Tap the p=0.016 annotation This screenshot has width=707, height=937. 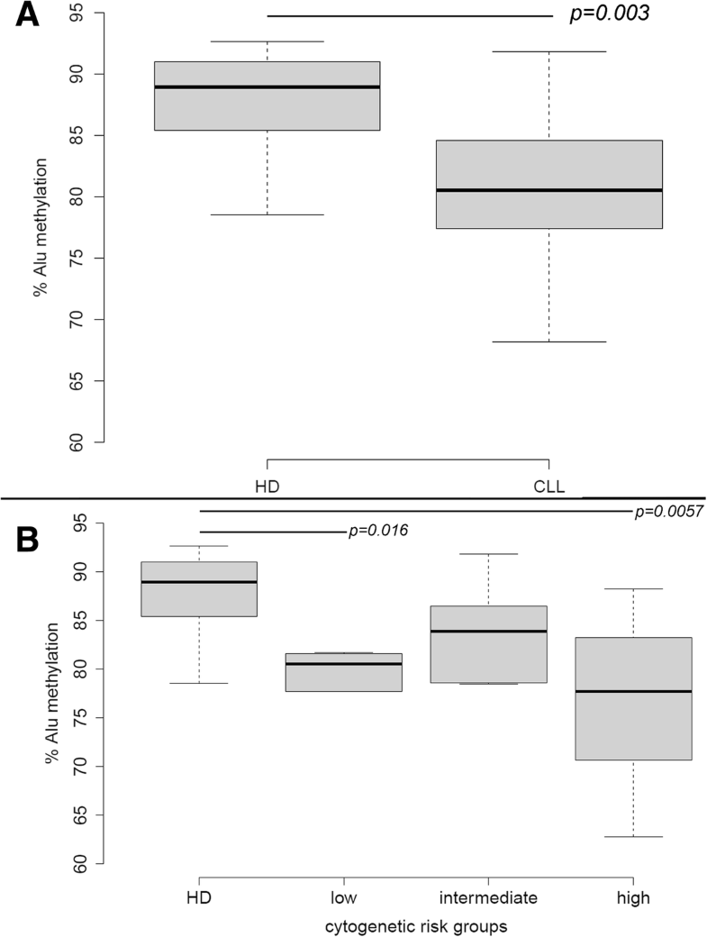(x=377, y=531)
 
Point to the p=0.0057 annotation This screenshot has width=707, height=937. (x=668, y=512)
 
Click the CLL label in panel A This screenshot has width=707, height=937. (x=548, y=487)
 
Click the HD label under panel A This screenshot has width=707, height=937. (x=267, y=487)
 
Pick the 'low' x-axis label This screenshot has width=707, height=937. (x=343, y=898)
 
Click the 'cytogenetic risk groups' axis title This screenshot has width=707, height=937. (x=416, y=925)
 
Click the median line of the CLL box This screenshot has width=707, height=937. (x=548, y=190)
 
